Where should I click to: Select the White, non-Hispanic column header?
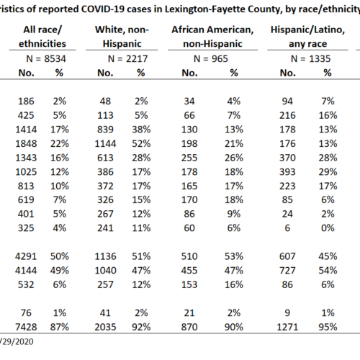(122, 37)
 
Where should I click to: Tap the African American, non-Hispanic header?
(212, 37)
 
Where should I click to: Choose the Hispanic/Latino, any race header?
(307, 37)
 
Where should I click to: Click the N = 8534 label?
(46, 58)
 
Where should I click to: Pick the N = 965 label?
(211, 58)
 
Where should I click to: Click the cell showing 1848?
(26, 143)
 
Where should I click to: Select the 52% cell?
(141, 143)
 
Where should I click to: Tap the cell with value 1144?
(105, 143)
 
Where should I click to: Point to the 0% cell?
(328, 228)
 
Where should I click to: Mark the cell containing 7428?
(26, 327)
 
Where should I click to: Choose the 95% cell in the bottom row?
(328, 327)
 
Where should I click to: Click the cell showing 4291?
(26, 256)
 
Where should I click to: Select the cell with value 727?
(287, 271)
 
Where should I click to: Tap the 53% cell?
(234, 256)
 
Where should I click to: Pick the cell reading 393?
(287, 172)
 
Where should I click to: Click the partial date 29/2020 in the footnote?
(17, 341)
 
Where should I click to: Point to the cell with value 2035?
(105, 327)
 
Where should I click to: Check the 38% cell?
(141, 130)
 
